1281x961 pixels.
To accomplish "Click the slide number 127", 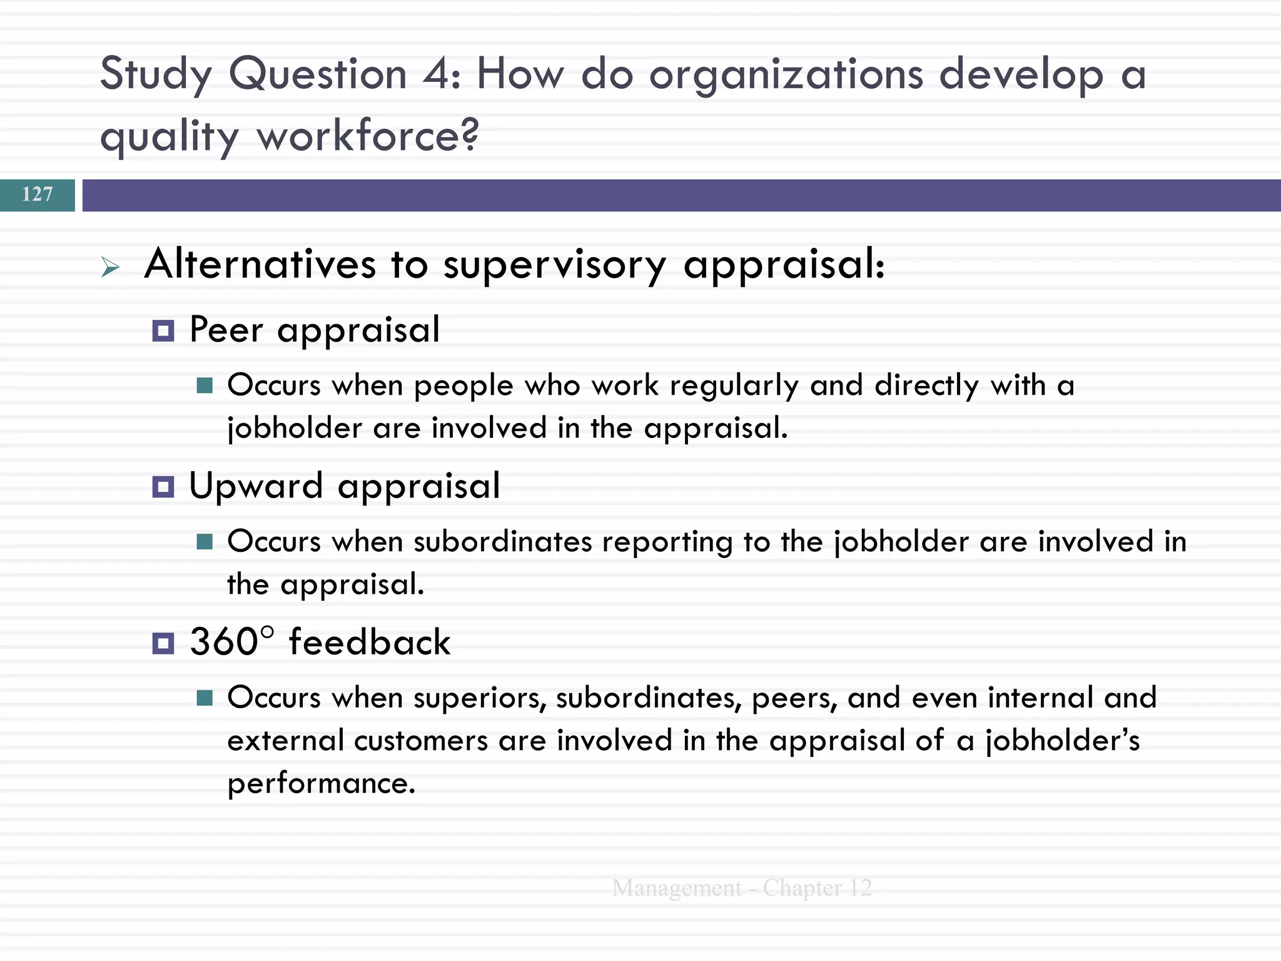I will click(x=38, y=195).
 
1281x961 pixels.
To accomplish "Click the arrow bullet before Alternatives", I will click(x=110, y=268).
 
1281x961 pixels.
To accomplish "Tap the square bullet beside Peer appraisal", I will click(x=163, y=331).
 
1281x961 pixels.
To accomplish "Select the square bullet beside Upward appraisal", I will click(x=163, y=487).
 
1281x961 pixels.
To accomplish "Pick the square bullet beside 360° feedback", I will click(x=163, y=643).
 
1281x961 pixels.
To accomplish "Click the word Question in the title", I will click(x=318, y=75).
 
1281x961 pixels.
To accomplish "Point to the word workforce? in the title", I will click(x=368, y=136).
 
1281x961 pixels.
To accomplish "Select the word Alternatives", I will click(x=260, y=264).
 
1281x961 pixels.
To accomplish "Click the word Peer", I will click(x=226, y=330).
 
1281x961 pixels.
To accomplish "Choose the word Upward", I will click(x=256, y=486).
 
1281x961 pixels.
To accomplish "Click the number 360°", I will click(x=231, y=642).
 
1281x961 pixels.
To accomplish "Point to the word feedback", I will click(x=369, y=642).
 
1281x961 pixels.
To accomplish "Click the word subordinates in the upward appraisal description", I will click(x=502, y=542).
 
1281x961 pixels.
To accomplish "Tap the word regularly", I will click(x=734, y=386).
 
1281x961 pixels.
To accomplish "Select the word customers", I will click(x=420, y=741).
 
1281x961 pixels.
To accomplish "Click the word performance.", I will click(x=320, y=784).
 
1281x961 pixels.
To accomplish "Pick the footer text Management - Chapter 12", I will click(x=742, y=888).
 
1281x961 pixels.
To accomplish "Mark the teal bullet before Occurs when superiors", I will click(x=205, y=698).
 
